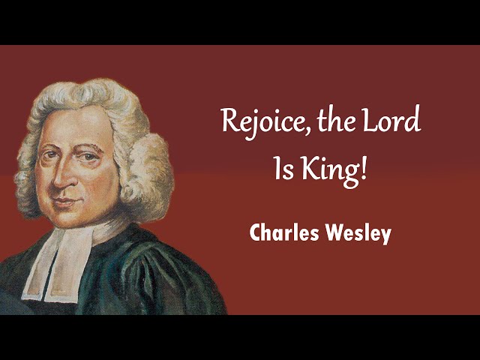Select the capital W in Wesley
pyautogui.click(x=329, y=233)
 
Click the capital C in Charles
pyautogui.click(x=255, y=233)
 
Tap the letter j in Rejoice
pyautogui.click(x=251, y=125)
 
